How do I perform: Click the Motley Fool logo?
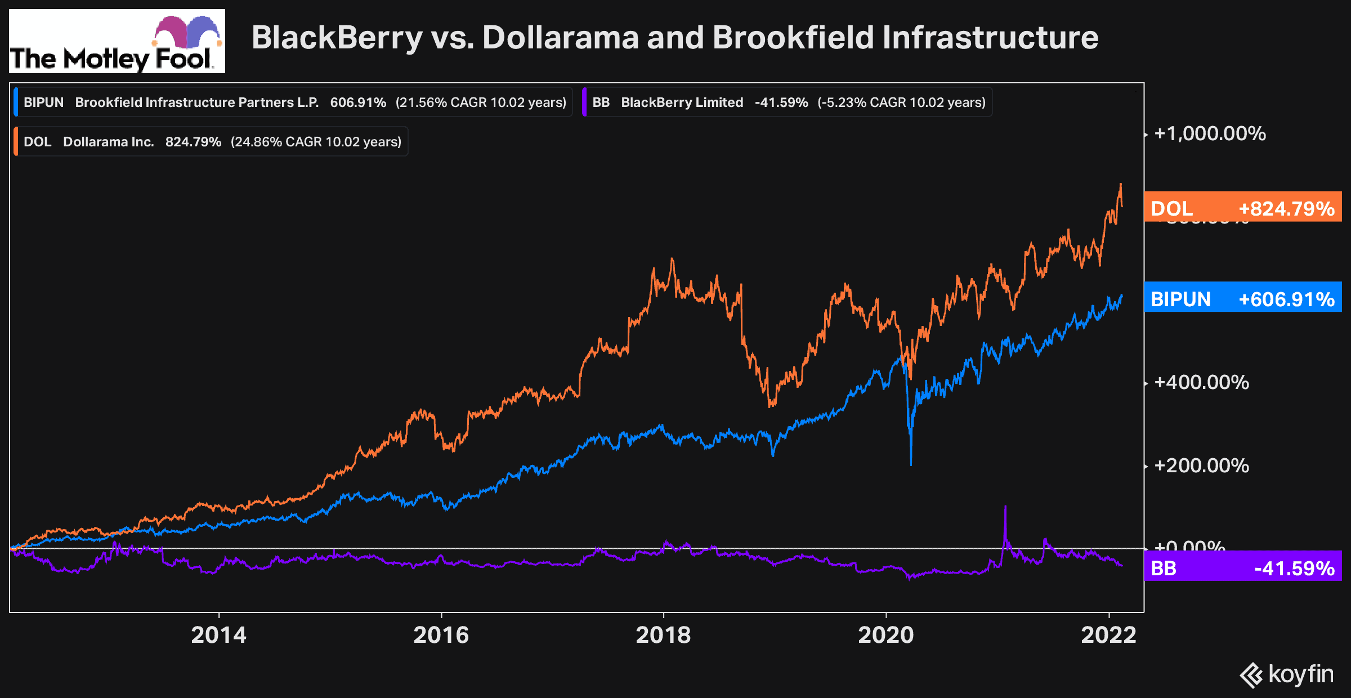(117, 41)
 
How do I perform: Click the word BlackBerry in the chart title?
(337, 38)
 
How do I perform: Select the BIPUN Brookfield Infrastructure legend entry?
(293, 102)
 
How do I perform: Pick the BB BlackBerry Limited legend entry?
(788, 102)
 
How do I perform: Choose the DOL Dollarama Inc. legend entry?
(211, 142)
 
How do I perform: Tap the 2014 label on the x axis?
(218, 635)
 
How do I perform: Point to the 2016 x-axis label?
(441, 635)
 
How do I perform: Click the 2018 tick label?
(663, 635)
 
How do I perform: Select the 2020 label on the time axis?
(885, 635)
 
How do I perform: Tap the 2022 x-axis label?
(1108, 635)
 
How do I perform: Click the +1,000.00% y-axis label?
(1210, 134)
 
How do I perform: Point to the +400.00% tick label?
(1201, 383)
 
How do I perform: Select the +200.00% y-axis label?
(1201, 466)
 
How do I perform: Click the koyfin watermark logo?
(1287, 674)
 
